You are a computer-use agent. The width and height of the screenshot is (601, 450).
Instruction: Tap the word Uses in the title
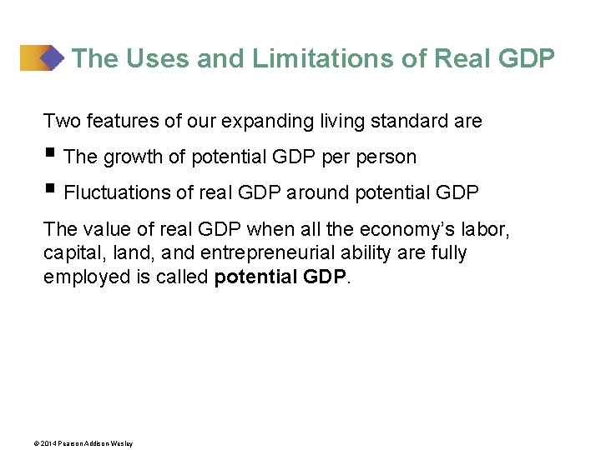tap(150, 58)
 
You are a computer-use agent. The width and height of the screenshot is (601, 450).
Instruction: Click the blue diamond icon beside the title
tap(52, 57)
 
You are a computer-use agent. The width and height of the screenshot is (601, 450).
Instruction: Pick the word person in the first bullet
tap(386, 157)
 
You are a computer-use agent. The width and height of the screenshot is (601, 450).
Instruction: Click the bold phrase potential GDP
tap(279, 277)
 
